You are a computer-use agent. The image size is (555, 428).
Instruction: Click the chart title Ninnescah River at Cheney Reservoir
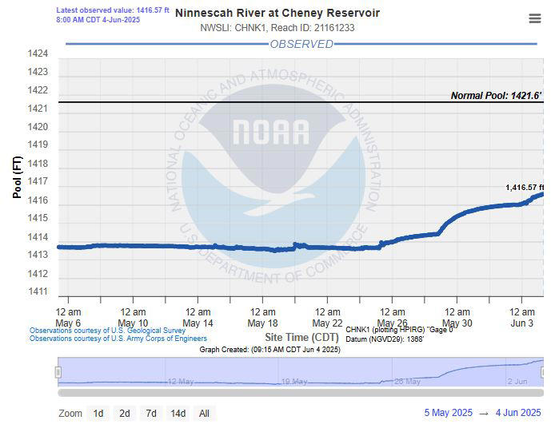(x=277, y=13)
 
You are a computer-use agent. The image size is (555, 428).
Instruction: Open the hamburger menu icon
(x=534, y=19)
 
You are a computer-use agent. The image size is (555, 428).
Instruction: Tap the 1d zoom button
(x=98, y=413)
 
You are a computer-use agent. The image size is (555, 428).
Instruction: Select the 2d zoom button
(x=124, y=413)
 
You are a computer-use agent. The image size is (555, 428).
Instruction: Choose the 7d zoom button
(x=150, y=413)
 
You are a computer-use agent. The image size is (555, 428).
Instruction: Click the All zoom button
(x=204, y=413)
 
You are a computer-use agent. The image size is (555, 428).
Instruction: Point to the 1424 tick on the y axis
(x=38, y=54)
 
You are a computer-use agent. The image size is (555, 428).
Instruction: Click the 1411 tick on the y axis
(x=38, y=292)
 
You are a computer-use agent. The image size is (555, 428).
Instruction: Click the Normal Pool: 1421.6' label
(x=496, y=96)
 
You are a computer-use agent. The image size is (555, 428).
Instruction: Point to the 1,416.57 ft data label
(x=524, y=188)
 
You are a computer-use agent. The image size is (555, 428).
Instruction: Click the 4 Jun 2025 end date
(x=518, y=413)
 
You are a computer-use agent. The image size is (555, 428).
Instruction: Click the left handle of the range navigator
(x=58, y=372)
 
